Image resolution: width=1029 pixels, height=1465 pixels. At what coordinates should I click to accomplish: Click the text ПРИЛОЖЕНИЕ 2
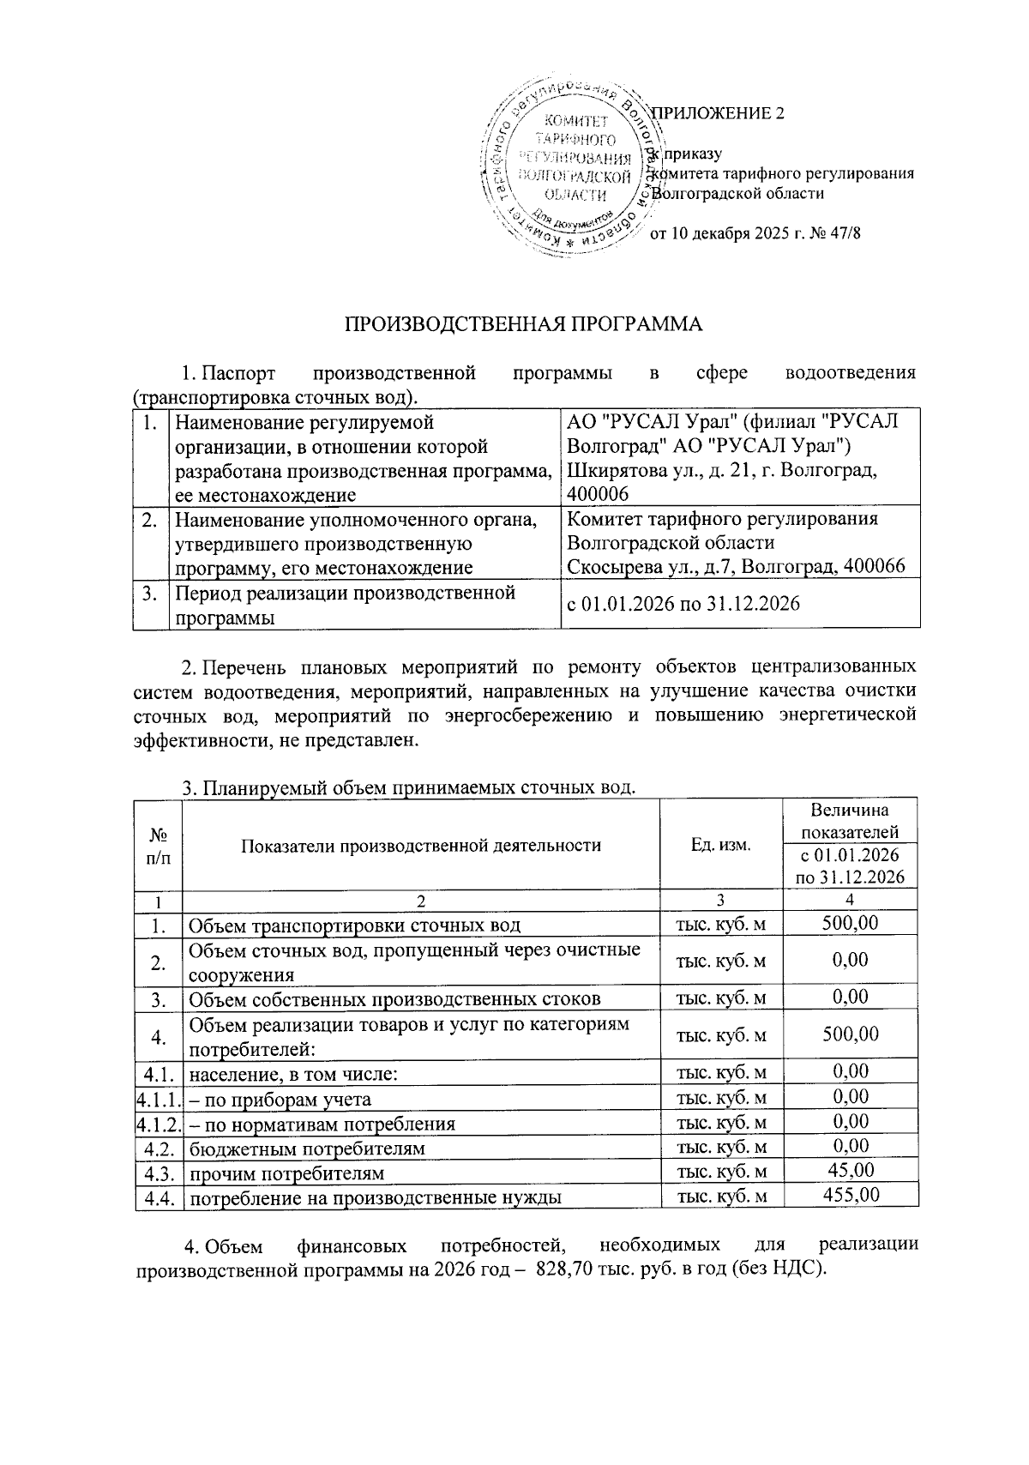pyautogui.click(x=719, y=113)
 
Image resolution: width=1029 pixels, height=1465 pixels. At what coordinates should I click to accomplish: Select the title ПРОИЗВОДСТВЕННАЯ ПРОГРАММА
pyautogui.click(x=523, y=324)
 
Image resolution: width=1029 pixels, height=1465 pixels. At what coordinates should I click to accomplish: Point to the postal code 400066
pyautogui.click(x=875, y=566)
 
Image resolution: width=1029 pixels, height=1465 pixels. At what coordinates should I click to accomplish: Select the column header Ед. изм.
pyautogui.click(x=720, y=845)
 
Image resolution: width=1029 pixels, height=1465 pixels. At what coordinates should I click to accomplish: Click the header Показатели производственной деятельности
pyautogui.click(x=421, y=845)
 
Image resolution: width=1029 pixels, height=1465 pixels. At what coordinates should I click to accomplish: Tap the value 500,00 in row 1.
pyautogui.click(x=850, y=924)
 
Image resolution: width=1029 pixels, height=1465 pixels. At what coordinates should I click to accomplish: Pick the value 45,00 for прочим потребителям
pyautogui.click(x=850, y=1171)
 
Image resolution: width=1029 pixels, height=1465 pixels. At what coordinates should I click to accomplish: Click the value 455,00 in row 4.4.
pyautogui.click(x=850, y=1196)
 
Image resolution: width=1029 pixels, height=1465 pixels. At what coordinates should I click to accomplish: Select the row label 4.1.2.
pyautogui.click(x=159, y=1124)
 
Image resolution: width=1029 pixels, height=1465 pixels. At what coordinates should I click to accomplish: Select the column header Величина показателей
pyautogui.click(x=850, y=821)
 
